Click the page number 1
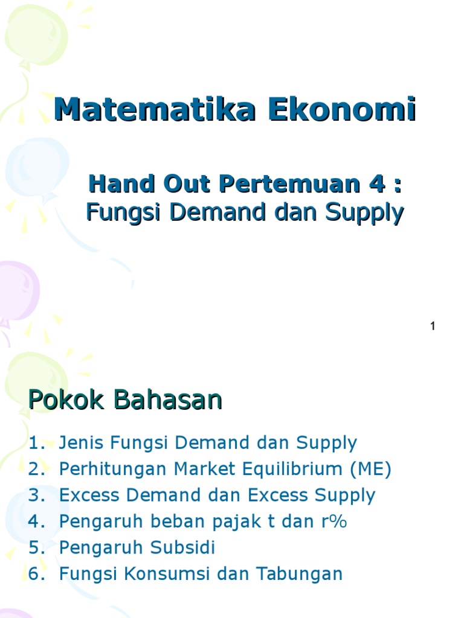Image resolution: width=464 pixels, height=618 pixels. tap(433, 327)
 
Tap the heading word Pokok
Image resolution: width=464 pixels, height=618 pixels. tap(63, 400)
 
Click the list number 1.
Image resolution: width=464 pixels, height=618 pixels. tap(35, 443)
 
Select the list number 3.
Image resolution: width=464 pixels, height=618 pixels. tap(35, 495)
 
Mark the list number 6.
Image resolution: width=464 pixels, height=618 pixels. tap(35, 574)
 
